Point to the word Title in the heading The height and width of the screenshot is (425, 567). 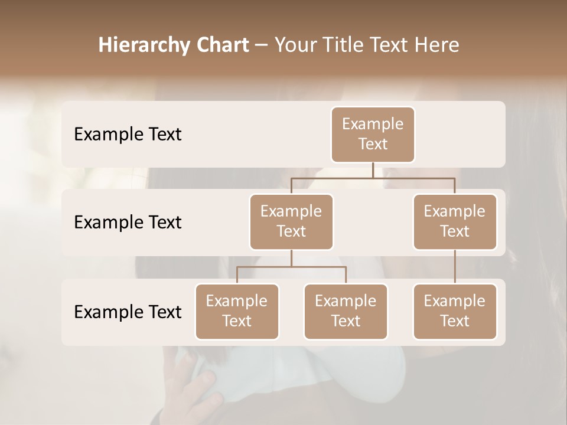(x=346, y=45)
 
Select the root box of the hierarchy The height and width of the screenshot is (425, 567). (x=373, y=134)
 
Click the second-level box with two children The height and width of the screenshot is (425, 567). (x=291, y=221)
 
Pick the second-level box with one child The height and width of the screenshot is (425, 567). (x=455, y=221)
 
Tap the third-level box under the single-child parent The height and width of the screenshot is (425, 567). (x=455, y=311)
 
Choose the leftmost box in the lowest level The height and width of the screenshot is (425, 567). (x=237, y=311)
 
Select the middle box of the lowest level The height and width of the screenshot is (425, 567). (x=346, y=311)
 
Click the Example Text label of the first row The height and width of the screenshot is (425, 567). (x=128, y=135)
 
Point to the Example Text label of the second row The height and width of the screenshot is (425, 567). (x=128, y=223)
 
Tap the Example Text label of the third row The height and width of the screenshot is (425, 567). (x=128, y=312)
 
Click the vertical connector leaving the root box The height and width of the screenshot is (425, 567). (x=373, y=170)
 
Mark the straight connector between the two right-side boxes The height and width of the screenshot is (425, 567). (x=455, y=267)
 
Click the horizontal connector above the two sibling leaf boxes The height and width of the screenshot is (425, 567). (x=291, y=267)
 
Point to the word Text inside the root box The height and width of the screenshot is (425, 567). (x=373, y=144)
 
